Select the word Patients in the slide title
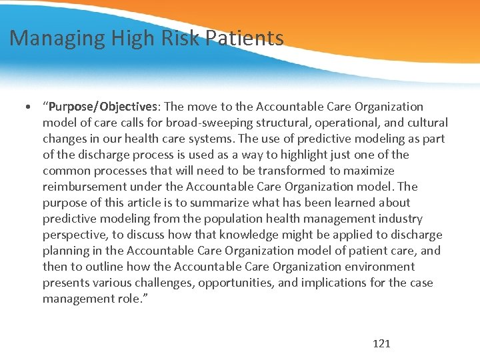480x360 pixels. tap(245, 38)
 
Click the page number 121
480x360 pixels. tap(381, 343)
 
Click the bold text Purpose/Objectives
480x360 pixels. tap(103, 107)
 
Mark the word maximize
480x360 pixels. tap(370, 171)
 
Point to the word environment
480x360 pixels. tap(381, 267)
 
